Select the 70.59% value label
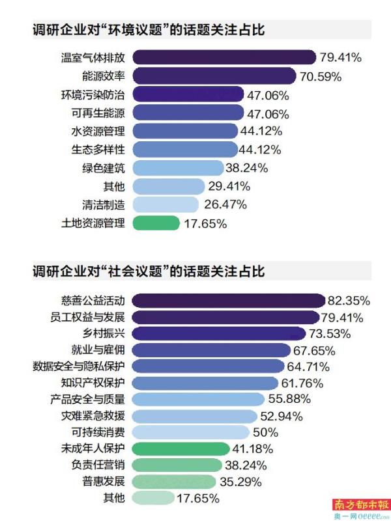click(321, 76)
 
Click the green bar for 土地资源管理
click(156, 223)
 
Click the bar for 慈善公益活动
click(228, 301)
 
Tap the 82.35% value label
click(349, 301)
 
